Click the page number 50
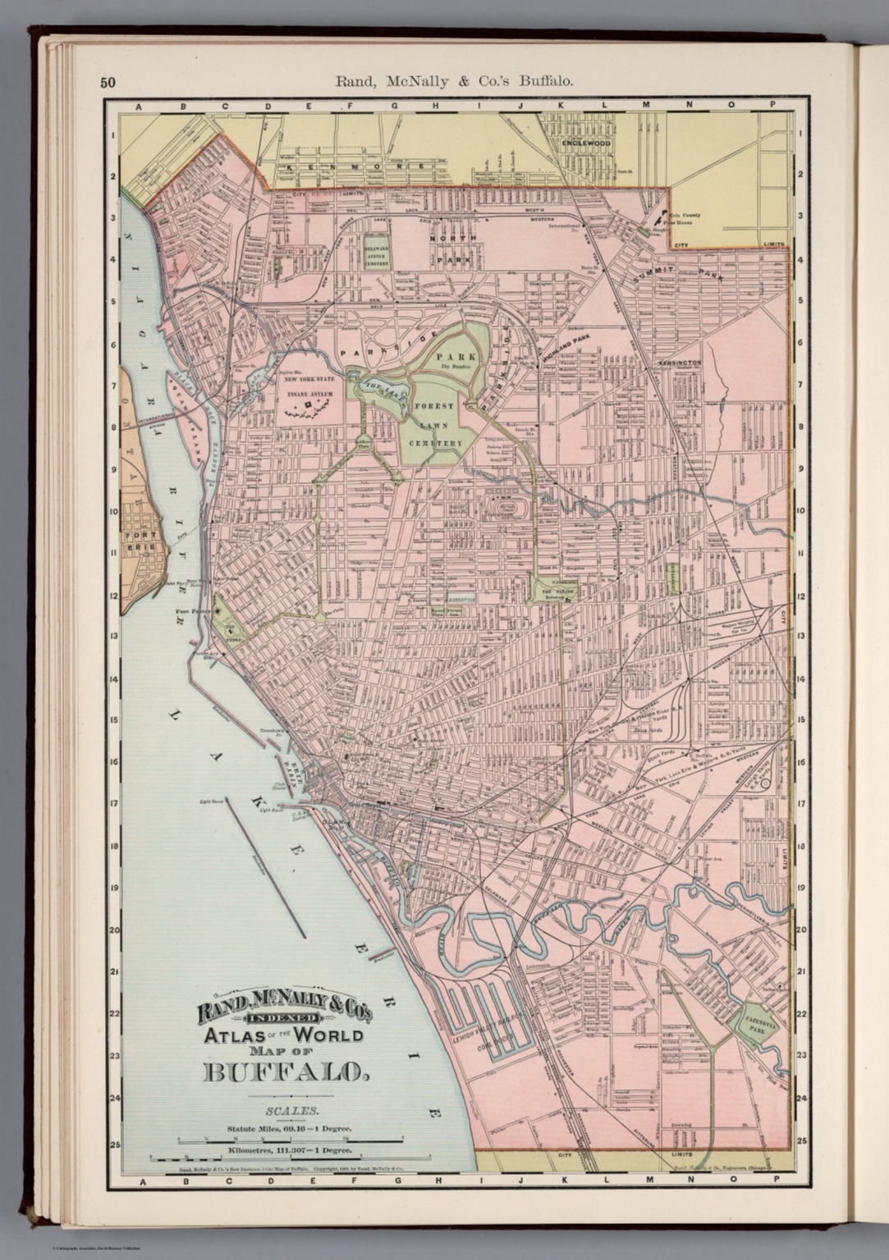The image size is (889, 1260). pyautogui.click(x=108, y=82)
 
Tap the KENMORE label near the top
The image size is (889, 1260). pyautogui.click(x=355, y=167)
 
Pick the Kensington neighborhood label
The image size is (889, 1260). pyautogui.click(x=678, y=362)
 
